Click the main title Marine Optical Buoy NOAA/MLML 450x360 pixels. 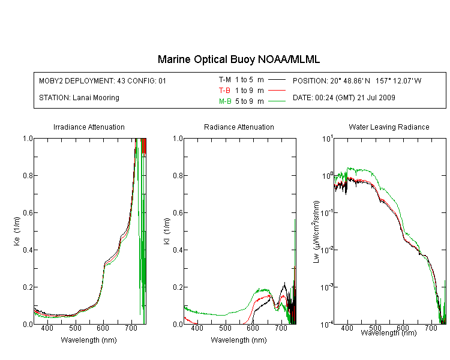(238, 59)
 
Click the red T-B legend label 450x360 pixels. (224, 91)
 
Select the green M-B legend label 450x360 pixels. (225, 101)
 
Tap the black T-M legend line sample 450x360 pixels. (277, 80)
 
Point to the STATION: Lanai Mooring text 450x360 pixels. (79, 98)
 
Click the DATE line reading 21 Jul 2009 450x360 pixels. (344, 98)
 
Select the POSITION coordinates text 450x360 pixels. (357, 80)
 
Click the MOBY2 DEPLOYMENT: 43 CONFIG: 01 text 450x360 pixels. (103, 80)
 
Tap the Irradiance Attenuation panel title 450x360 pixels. (89, 127)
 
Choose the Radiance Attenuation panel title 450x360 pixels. (239, 127)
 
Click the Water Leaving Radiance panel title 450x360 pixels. (389, 127)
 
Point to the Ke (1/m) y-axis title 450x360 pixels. (17, 231)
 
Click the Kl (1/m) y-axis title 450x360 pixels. (167, 231)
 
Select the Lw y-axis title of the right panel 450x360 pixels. (316, 232)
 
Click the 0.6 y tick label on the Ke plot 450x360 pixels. (28, 212)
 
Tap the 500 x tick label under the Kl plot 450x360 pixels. (225, 328)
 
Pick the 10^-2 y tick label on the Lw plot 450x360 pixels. (326, 250)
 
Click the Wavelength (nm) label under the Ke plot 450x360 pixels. (89, 340)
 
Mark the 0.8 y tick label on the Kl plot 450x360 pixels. (178, 175)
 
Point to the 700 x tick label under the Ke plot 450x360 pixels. (131, 328)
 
